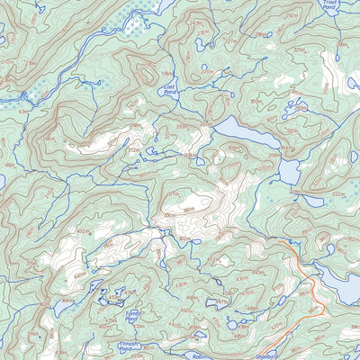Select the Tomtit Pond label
click(x=132, y=316)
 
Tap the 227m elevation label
click(x=231, y=40)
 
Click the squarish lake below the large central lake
click(x=290, y=171)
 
